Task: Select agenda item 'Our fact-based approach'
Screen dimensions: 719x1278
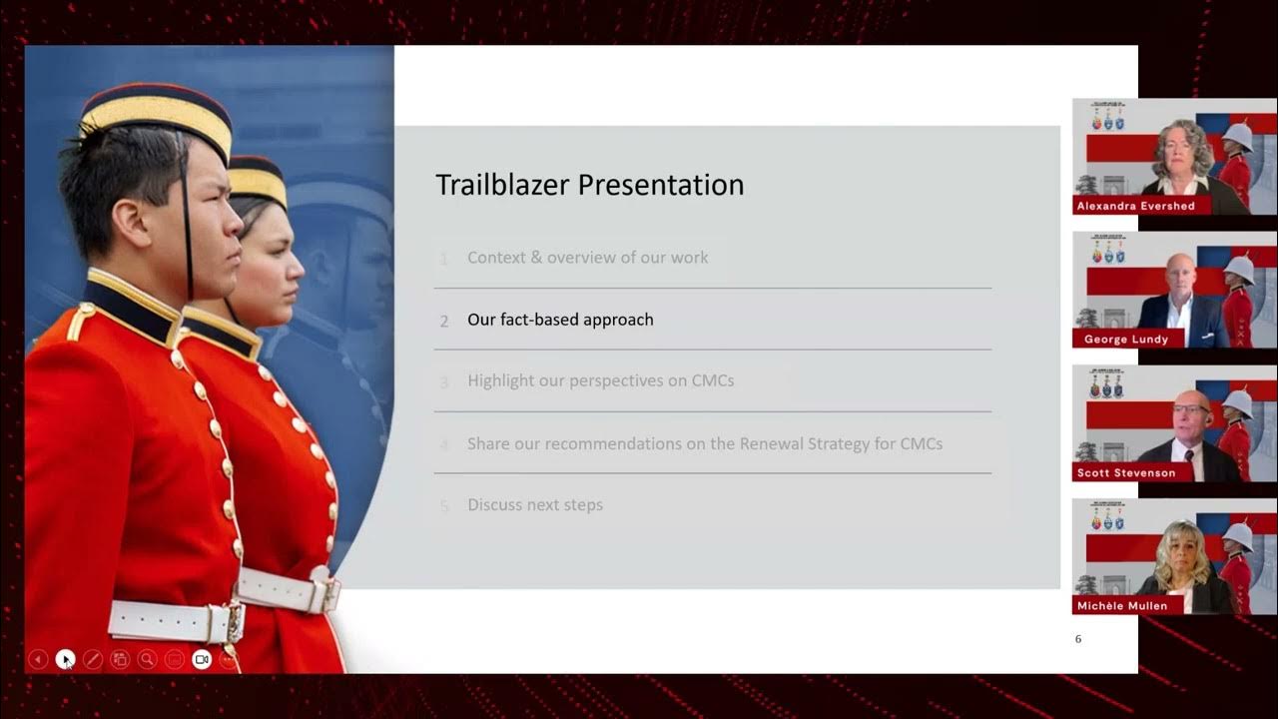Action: tap(560, 320)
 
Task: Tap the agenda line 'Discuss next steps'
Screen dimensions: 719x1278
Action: tap(535, 505)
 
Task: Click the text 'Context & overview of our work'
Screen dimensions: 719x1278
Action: tap(588, 258)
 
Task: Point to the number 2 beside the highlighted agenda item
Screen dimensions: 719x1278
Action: tap(444, 322)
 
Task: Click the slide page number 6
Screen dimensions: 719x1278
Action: tap(1078, 639)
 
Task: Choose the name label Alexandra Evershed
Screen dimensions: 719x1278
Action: tap(1135, 206)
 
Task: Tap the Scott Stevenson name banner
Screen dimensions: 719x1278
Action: tap(1126, 472)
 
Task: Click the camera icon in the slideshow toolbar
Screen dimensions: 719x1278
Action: tap(202, 659)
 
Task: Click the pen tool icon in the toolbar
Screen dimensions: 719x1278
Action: tap(93, 659)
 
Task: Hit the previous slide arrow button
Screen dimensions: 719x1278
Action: tap(38, 659)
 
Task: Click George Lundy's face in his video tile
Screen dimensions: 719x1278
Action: tap(1180, 277)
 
